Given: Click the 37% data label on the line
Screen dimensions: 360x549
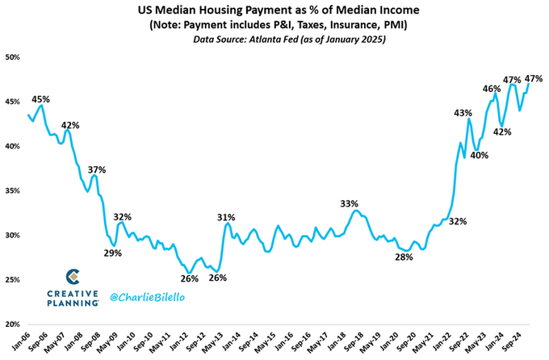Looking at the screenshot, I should point(97,170).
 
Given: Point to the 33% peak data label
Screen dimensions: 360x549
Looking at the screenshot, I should point(349,203).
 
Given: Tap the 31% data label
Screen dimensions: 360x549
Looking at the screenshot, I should point(226,217).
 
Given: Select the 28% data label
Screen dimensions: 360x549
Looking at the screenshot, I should point(404,257).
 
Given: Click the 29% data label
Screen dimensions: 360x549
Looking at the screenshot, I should point(112,253).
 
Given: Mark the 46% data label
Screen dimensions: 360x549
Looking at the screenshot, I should point(491,89).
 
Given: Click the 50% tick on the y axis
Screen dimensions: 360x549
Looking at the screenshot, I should point(12,57).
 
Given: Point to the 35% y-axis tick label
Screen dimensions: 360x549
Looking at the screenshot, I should point(12,190).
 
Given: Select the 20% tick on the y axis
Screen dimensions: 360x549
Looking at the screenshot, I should point(12,324).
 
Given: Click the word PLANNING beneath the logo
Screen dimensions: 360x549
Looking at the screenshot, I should point(72,303).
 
